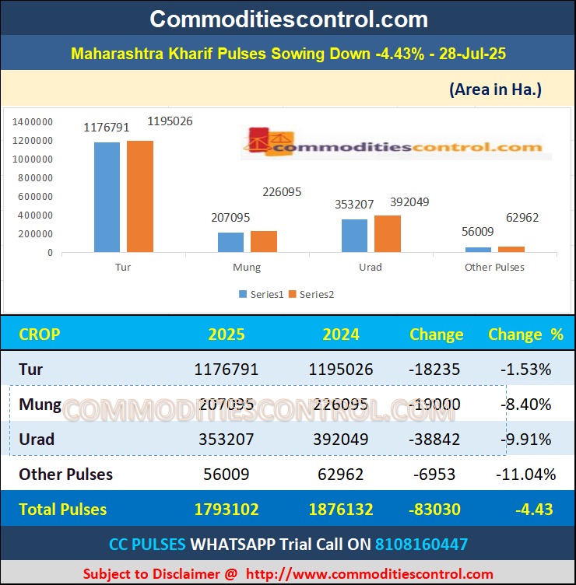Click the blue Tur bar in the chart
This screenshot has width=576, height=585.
pyautogui.click(x=107, y=198)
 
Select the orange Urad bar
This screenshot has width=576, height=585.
pyautogui.click(x=387, y=233)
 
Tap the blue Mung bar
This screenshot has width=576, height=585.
pyautogui.click(x=230, y=242)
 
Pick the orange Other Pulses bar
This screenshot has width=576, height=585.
pyautogui.click(x=511, y=249)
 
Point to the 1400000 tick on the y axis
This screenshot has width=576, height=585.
pyautogui.click(x=33, y=122)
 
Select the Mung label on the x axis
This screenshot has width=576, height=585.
pyautogui.click(x=247, y=268)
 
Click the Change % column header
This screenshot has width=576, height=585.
pyautogui.click(x=525, y=335)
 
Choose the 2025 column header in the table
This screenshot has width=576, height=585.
pyautogui.click(x=227, y=335)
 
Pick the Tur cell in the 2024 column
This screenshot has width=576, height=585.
pyautogui.click(x=342, y=370)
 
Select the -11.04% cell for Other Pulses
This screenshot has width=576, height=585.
pyautogui.click(x=525, y=474)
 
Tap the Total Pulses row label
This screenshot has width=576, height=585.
pyautogui.click(x=63, y=510)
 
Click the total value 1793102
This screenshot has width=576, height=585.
pyautogui.click(x=227, y=510)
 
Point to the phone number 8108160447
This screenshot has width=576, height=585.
pyautogui.click(x=421, y=544)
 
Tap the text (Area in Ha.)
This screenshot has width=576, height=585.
pyautogui.click(x=495, y=89)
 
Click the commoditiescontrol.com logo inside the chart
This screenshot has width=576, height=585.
pyautogui.click(x=395, y=145)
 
